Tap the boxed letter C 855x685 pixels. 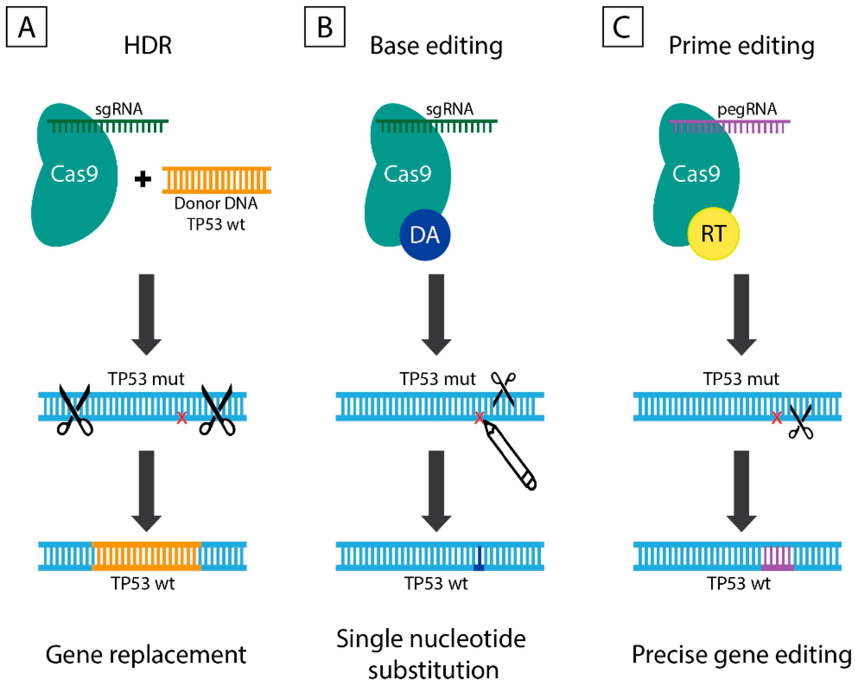point(622,27)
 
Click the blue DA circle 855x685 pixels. point(425,235)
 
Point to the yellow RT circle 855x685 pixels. point(713,233)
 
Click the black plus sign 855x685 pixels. point(143,179)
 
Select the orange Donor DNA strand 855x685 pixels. point(216,180)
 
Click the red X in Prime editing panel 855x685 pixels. point(776,417)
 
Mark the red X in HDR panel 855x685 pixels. point(181,417)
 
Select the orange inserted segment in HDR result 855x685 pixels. point(146,556)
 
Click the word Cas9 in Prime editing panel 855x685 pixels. point(696,174)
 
